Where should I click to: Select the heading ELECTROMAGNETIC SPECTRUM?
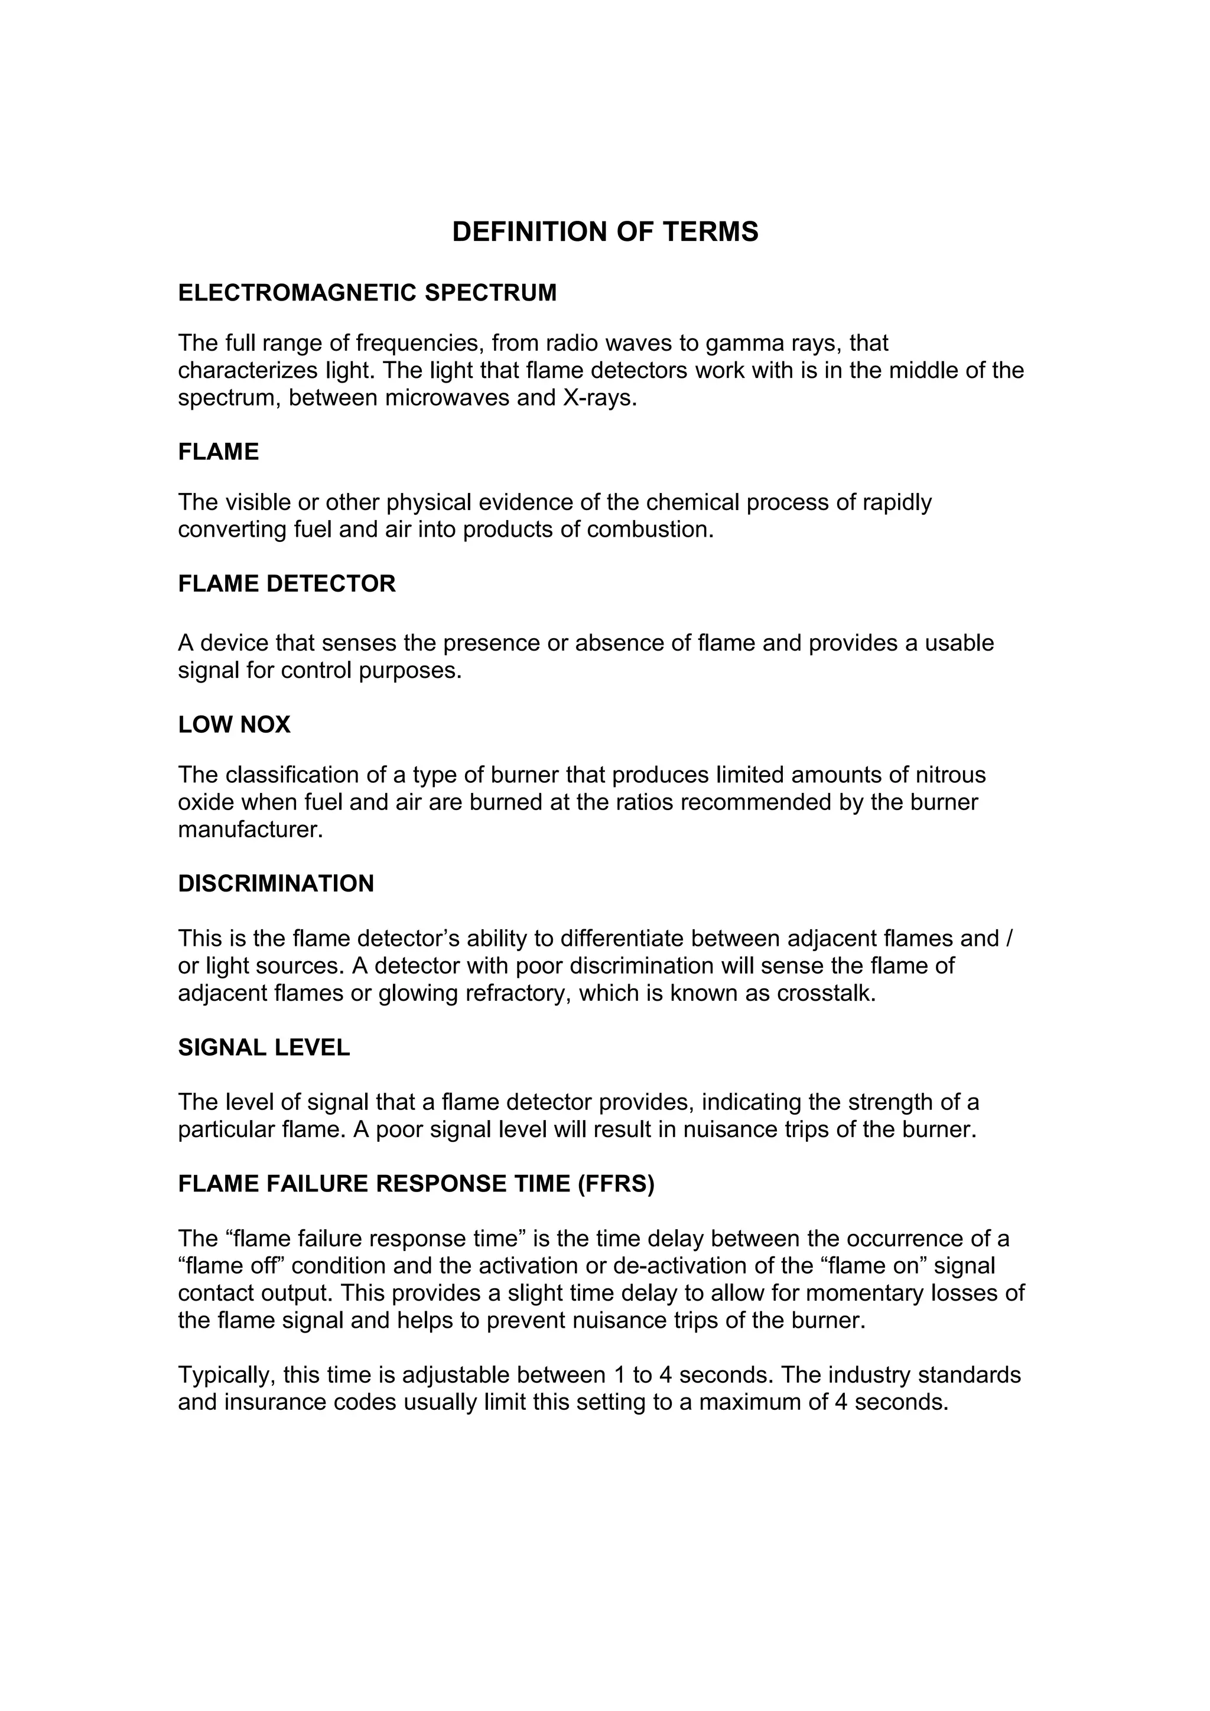(x=367, y=293)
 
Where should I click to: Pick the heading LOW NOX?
(x=234, y=724)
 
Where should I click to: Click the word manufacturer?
(x=250, y=830)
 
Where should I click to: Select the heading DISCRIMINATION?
(x=276, y=884)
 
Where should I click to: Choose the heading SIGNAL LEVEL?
(x=264, y=1048)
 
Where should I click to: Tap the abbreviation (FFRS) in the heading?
(x=616, y=1184)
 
